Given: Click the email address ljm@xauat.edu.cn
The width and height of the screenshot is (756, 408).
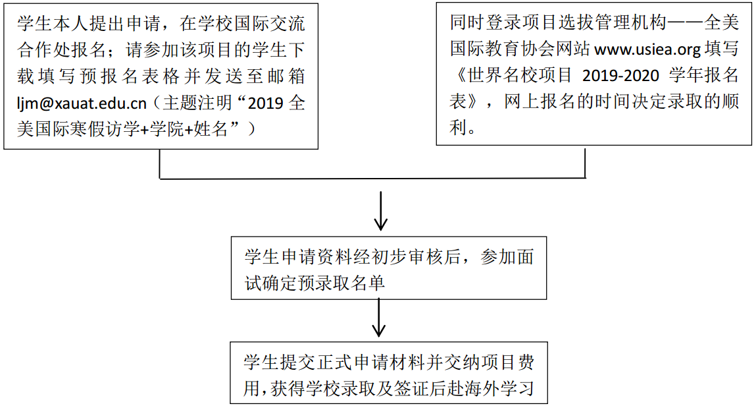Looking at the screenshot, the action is point(82,103).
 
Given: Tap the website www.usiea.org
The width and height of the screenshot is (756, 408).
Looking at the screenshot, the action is point(647,49).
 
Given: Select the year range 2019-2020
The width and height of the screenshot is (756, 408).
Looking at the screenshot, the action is point(620,75).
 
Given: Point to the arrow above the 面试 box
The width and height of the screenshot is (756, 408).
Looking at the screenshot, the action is point(381,211).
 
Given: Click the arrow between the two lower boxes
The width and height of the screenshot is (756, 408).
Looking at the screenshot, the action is point(379,318).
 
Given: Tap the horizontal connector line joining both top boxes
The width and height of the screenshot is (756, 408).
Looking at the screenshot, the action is point(372,179).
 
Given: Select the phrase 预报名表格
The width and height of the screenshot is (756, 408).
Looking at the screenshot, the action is point(130,76).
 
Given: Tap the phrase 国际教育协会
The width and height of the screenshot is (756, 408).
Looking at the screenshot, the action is point(503,49).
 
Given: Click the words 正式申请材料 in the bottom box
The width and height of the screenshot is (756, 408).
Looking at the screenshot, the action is point(372,362).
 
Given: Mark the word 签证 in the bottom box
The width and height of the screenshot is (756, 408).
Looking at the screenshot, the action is point(411,388).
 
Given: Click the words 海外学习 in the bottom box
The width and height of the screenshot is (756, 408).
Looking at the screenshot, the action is point(499,388).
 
